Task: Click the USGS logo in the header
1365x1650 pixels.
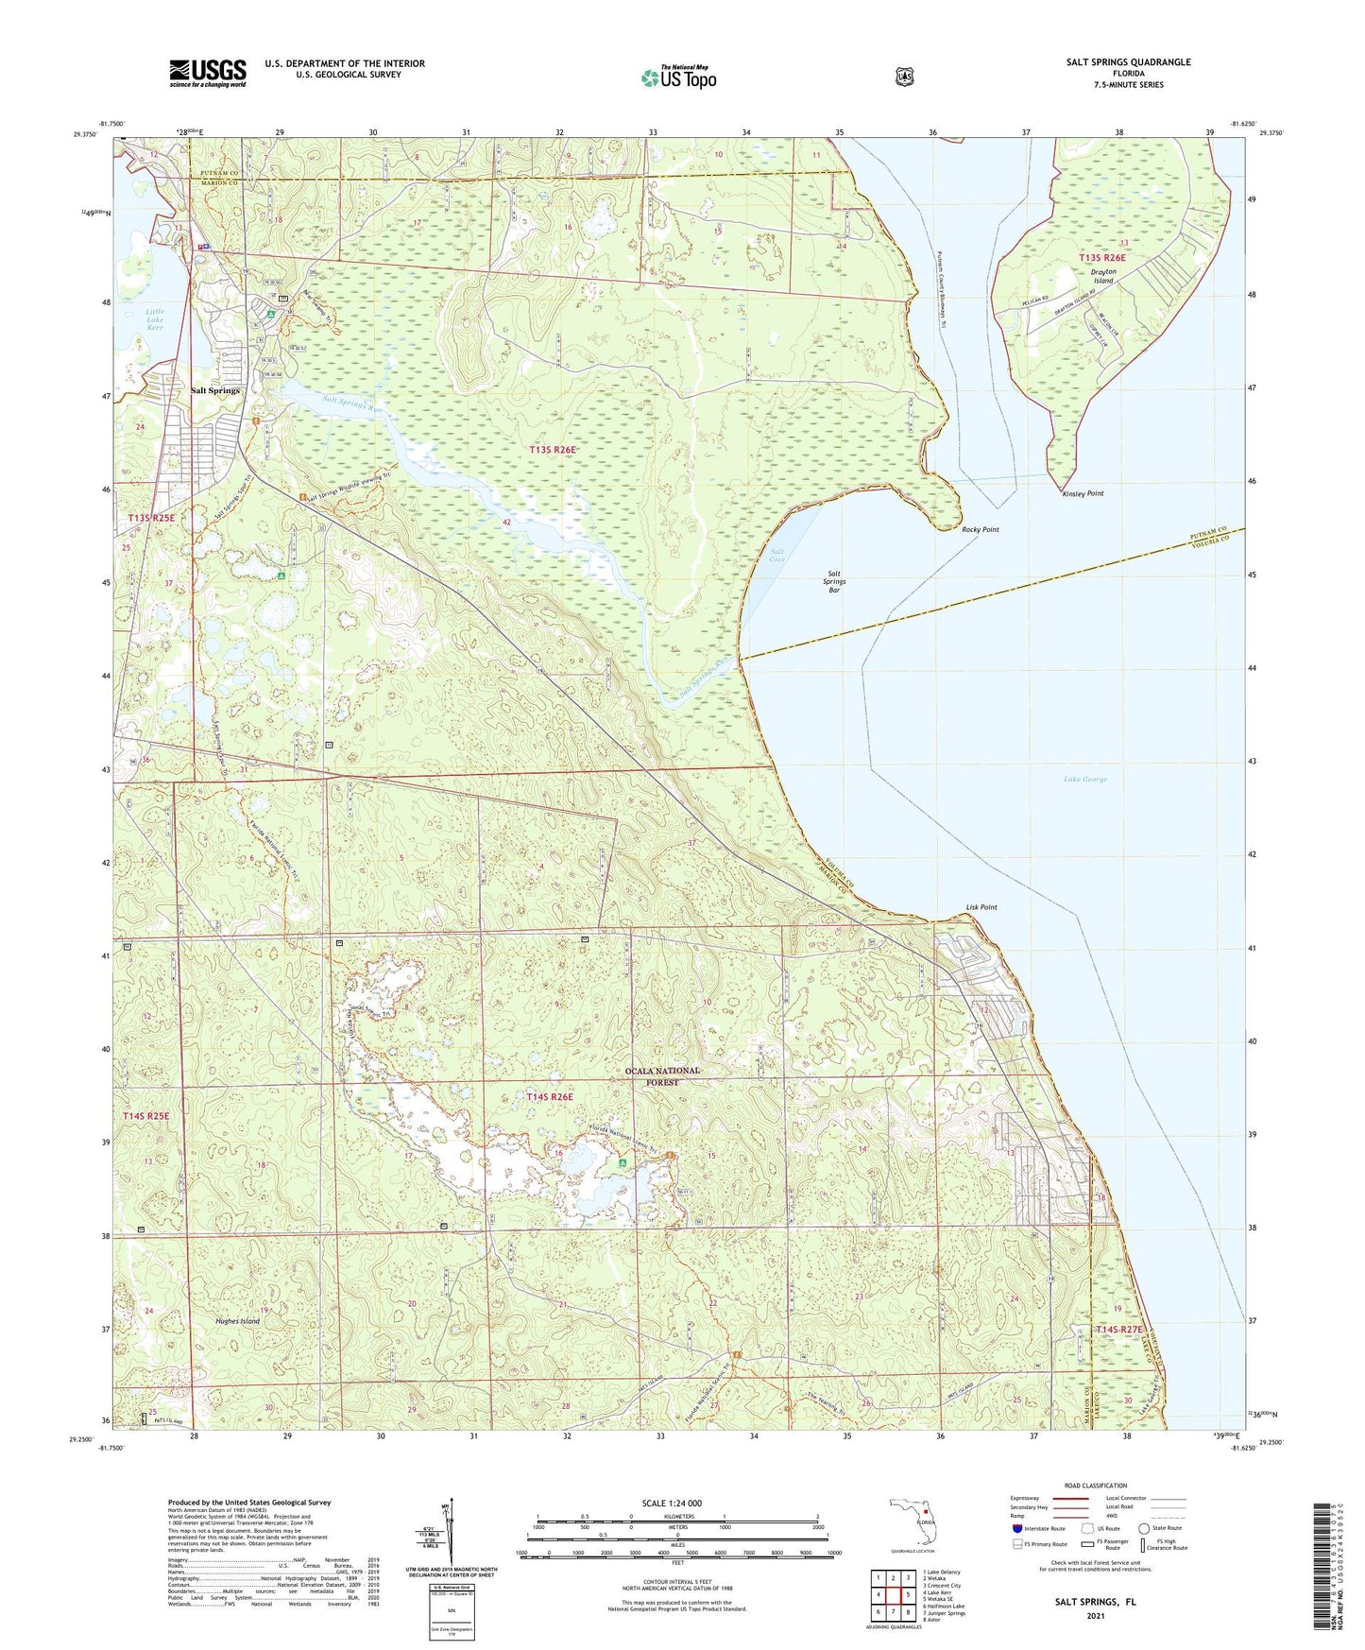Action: (207, 73)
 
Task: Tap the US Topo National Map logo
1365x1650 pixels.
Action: (678, 77)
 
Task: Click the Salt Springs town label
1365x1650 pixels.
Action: (215, 390)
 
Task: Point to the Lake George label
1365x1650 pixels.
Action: (1084, 780)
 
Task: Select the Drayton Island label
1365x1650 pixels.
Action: (1103, 276)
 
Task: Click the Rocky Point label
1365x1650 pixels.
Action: (980, 530)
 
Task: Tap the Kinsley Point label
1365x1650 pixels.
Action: (1083, 493)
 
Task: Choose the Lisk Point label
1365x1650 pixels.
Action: (981, 907)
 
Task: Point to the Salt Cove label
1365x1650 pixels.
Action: (776, 556)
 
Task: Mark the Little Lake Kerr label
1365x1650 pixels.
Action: (155, 319)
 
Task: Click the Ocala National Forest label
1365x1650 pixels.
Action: (664, 1076)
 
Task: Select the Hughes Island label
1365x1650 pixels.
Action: (237, 1321)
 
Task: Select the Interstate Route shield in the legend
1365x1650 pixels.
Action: (1016, 1528)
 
